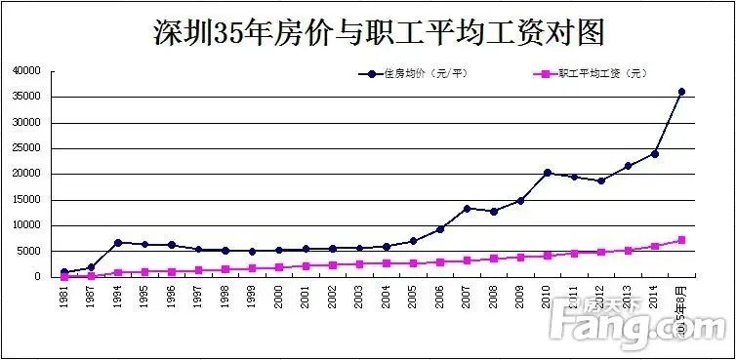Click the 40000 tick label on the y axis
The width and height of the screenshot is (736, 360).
pos(26,71)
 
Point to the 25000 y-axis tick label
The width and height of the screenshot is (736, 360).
pos(26,148)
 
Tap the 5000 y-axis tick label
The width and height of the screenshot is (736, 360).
pos(29,251)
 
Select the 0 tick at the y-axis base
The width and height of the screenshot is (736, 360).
pos(38,277)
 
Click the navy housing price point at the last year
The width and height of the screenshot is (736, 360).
pos(681,92)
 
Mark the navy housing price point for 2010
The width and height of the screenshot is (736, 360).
pos(547,173)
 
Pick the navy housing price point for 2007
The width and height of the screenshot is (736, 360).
pos(467,208)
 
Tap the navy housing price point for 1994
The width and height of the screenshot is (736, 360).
pos(118,242)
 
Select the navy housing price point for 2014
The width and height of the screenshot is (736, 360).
pos(654,153)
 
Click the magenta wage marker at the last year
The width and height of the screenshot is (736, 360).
pos(681,240)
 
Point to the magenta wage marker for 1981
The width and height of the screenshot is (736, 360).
pos(64,276)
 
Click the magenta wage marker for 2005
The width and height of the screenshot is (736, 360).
pos(413,263)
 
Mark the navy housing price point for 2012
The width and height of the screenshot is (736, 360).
pos(600,180)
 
